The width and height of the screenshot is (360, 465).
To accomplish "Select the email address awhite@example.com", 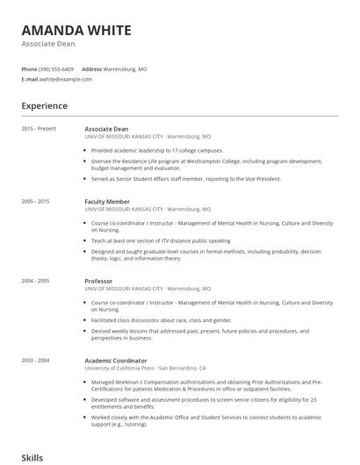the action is click(65, 79).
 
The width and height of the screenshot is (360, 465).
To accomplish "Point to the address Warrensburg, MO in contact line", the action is click(126, 68).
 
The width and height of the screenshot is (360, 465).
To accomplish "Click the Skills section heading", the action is click(32, 458).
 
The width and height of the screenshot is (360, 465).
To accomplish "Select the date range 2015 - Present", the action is click(39, 129).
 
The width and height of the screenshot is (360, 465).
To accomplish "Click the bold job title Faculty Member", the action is click(107, 201).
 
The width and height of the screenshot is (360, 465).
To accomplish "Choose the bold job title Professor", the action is click(98, 281).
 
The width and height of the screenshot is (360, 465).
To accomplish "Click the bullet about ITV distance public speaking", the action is click(161, 240).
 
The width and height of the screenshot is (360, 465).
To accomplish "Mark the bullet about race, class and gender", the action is click(162, 320).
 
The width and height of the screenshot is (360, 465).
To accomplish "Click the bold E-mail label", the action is click(29, 79).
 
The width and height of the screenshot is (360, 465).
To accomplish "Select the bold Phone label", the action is click(29, 68).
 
